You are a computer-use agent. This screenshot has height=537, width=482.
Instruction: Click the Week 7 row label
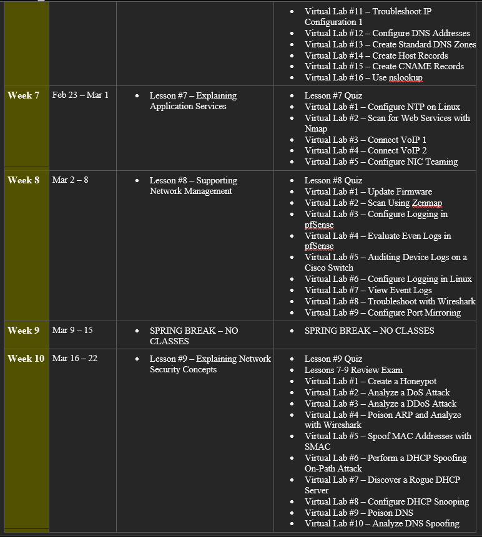24,95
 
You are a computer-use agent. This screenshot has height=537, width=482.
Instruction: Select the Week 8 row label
24,180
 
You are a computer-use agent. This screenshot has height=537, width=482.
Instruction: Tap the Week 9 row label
24,331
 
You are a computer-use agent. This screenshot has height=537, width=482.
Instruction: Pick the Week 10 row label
26,359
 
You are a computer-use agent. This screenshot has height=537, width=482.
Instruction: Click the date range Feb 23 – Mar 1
80,95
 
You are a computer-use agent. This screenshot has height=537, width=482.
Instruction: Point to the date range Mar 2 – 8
70,180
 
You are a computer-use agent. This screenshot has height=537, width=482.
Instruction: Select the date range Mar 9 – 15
72,331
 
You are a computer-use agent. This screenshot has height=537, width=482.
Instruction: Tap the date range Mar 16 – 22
75,359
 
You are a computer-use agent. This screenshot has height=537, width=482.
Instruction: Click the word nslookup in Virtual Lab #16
406,78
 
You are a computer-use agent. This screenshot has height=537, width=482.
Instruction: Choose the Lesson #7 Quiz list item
333,95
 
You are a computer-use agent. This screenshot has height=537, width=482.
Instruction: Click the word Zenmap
427,203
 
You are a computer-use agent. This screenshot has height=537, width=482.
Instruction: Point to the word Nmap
316,129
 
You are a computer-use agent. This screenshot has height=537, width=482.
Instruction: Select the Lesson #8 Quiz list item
333,180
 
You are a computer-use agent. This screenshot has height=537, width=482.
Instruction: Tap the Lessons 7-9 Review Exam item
353,370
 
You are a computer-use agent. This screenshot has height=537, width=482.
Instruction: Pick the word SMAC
318,447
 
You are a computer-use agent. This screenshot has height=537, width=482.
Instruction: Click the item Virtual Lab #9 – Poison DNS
363,513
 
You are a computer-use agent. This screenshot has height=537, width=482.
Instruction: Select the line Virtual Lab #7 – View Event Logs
368,290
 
